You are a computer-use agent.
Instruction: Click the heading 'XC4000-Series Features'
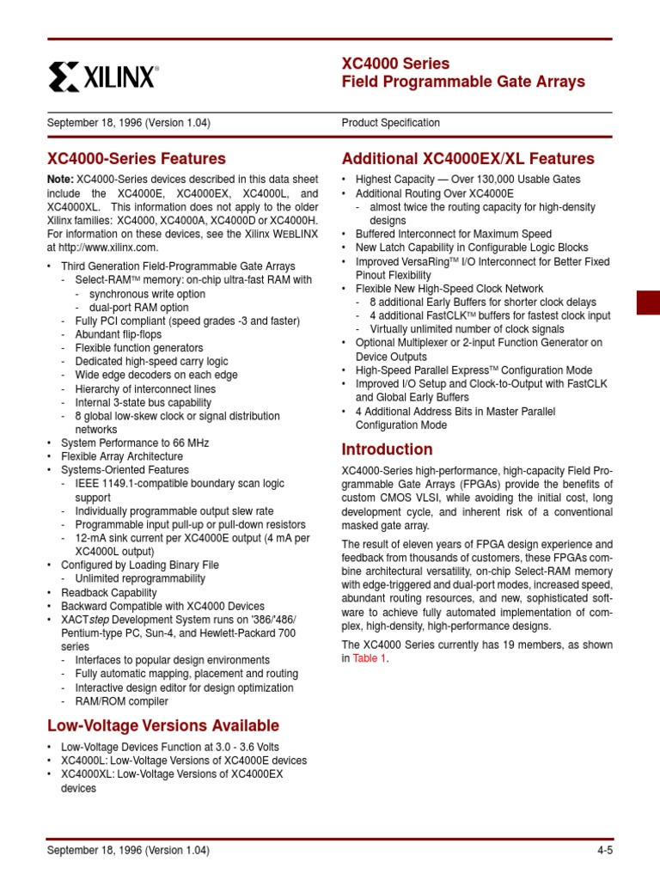pyautogui.click(x=137, y=159)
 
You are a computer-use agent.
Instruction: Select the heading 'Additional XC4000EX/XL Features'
pyautogui.click(x=467, y=159)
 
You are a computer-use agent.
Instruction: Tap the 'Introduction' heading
pyautogui.click(x=387, y=449)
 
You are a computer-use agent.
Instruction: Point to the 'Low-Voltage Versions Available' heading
pyautogui.click(x=163, y=725)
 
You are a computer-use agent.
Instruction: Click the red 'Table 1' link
pyautogui.click(x=370, y=658)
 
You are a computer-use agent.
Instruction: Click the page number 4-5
pyautogui.click(x=604, y=851)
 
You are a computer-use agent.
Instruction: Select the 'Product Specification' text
pyautogui.click(x=390, y=123)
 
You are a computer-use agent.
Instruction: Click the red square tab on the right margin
pyautogui.click(x=647, y=303)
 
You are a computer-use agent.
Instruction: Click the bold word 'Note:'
pyautogui.click(x=61, y=180)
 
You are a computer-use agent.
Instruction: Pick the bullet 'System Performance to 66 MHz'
pyautogui.click(x=135, y=443)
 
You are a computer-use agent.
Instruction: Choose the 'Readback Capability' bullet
pyautogui.click(x=108, y=593)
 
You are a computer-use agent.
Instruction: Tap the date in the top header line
pyautogui.click(x=128, y=123)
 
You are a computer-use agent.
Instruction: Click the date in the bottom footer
pyautogui.click(x=128, y=851)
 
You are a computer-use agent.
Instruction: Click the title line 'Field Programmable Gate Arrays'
pyautogui.click(x=463, y=82)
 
